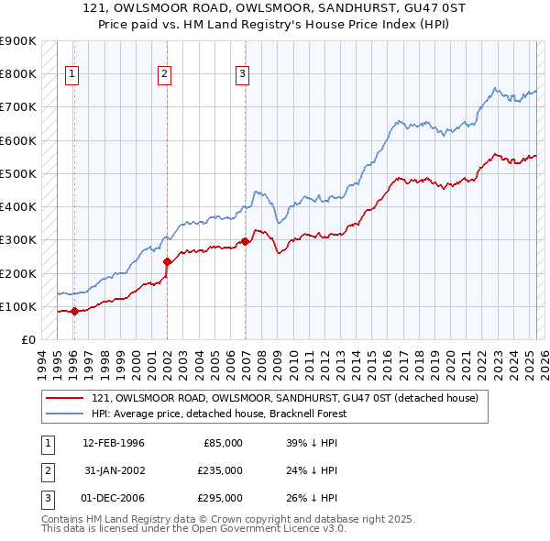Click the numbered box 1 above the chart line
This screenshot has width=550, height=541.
pos(71,75)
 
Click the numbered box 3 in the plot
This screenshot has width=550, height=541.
pos(242,75)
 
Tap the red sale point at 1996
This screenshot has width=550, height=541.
pos(74,311)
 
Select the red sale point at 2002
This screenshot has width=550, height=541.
pos(167,261)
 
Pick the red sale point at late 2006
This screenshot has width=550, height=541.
pos(245,242)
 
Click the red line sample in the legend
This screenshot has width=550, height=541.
pos(63,399)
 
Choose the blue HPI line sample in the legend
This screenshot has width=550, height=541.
pos(63,414)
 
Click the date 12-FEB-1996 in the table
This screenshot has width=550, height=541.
pos(114,443)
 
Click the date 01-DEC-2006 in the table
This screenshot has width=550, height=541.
pos(114,498)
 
